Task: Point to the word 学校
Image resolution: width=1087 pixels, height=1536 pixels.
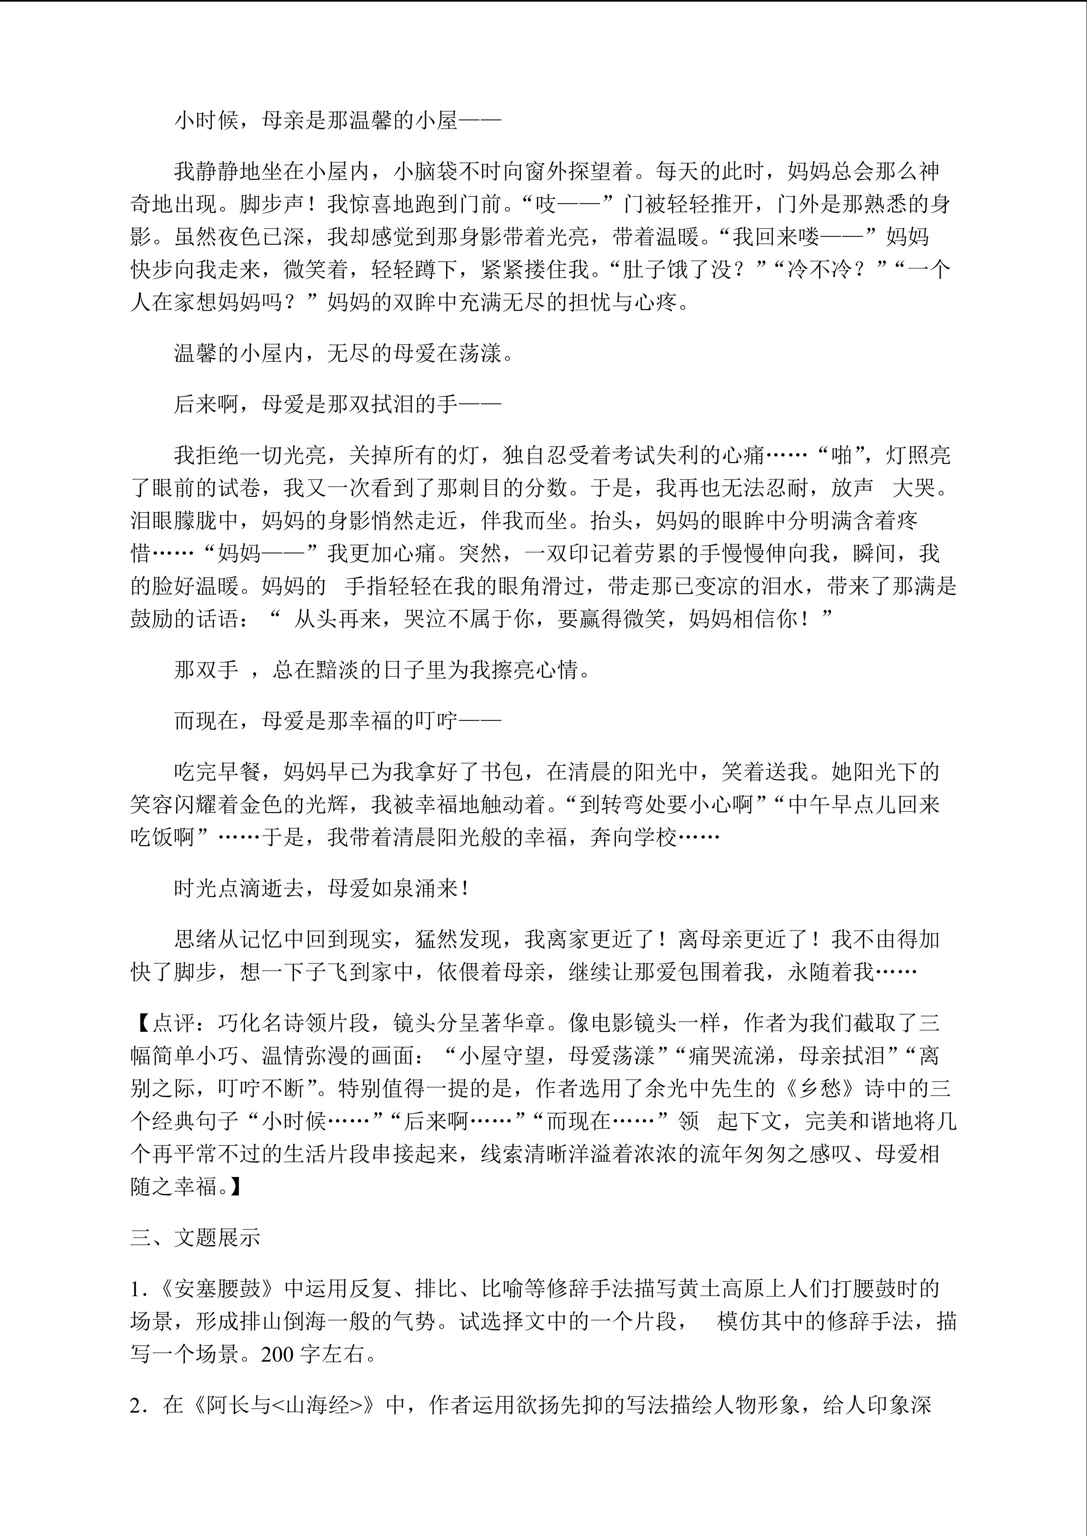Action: tap(656, 838)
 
